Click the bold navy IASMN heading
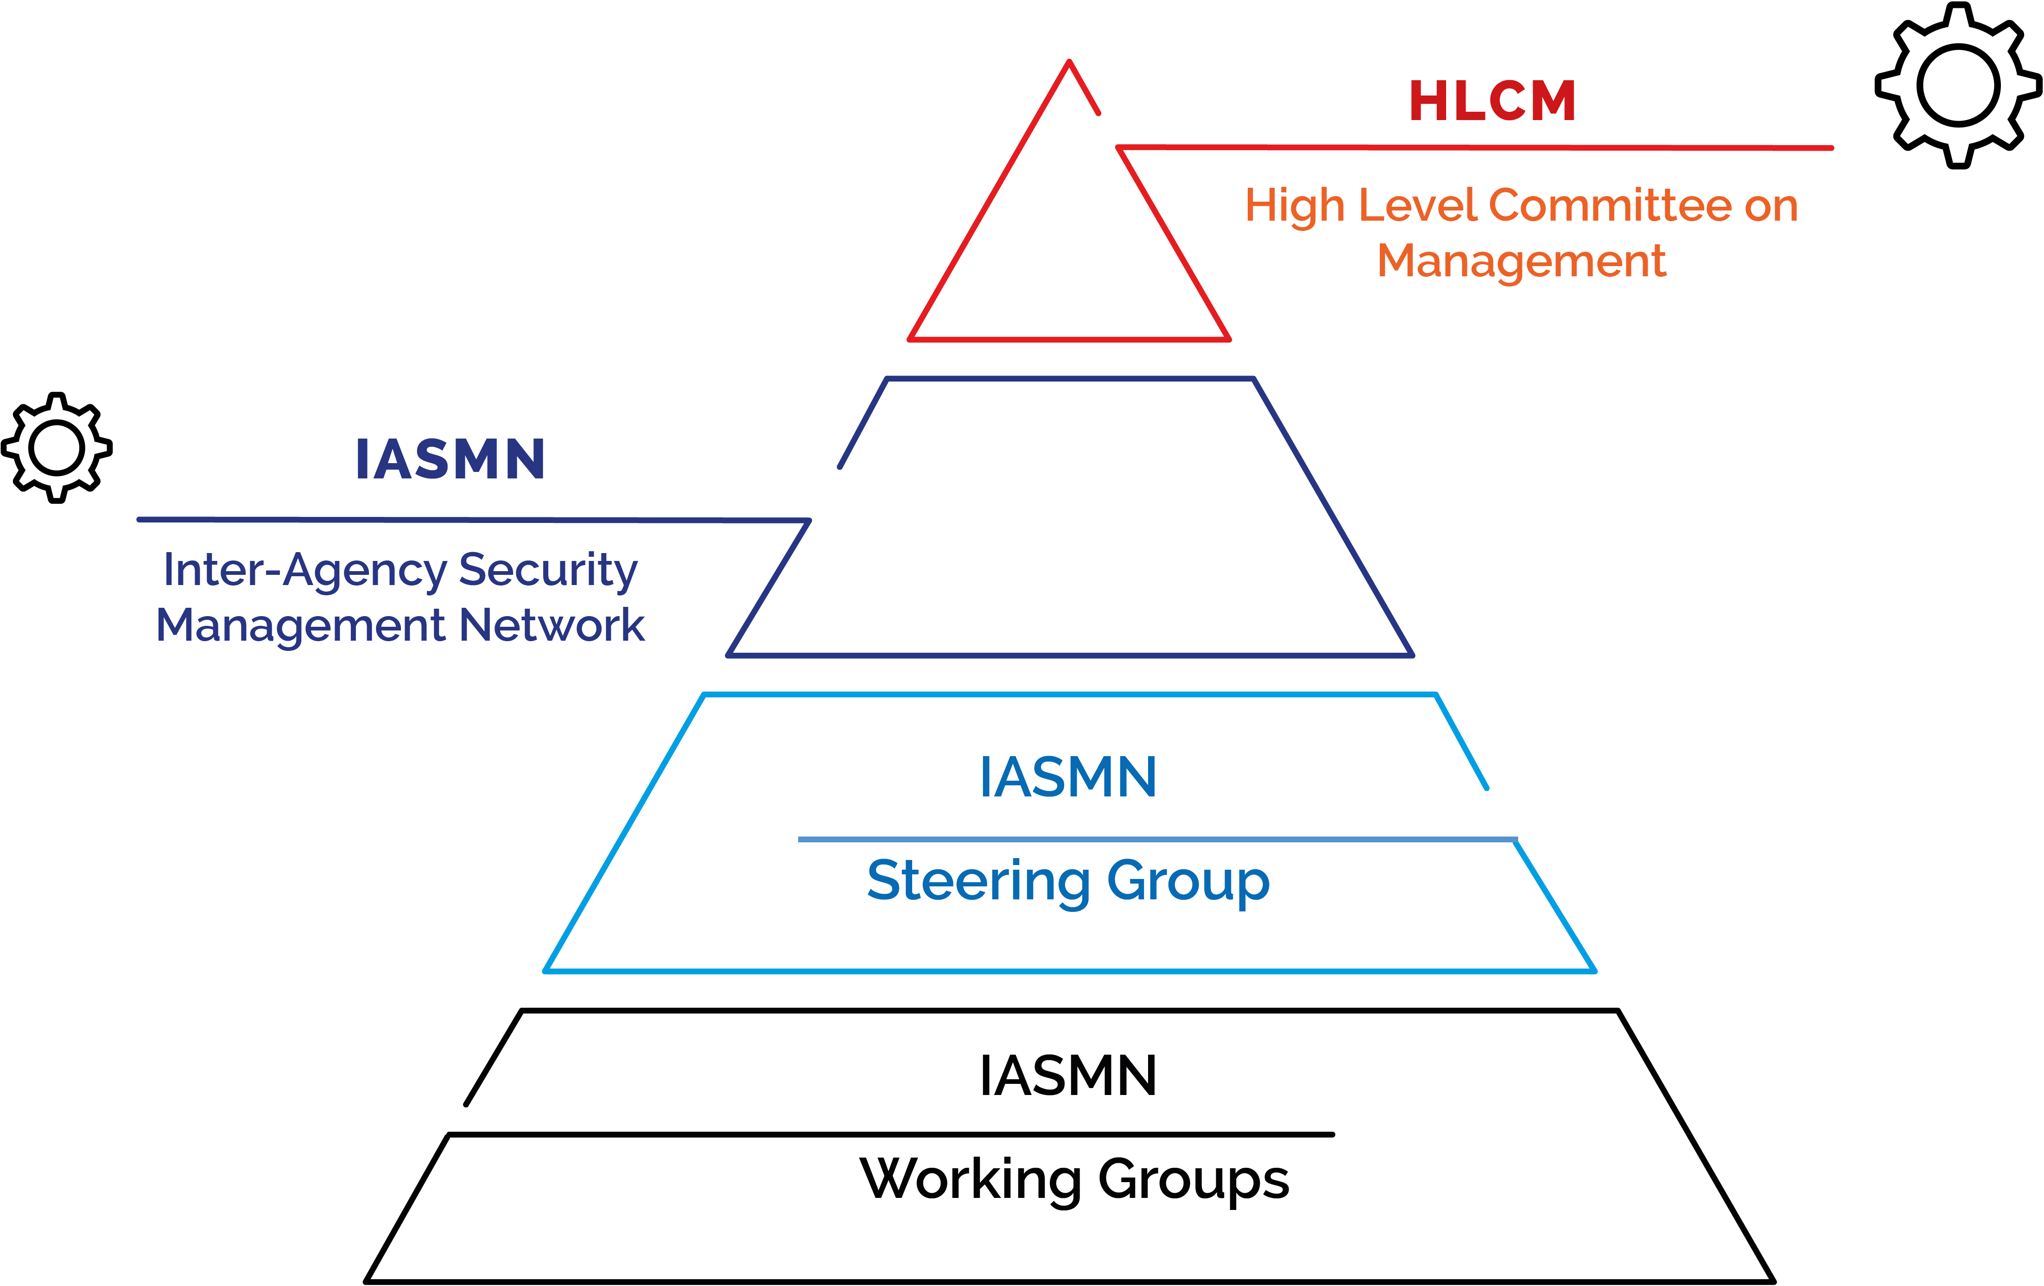tap(450, 459)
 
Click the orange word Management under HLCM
tap(1521, 261)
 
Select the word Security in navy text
tap(547, 570)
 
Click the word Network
tap(552, 625)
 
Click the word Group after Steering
tap(1188, 882)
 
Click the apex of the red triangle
tap(1070, 62)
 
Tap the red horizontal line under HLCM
tap(1477, 148)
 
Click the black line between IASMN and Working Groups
tap(891, 1134)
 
